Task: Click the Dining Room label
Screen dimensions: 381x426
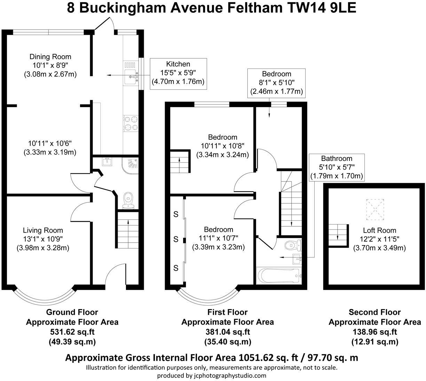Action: coord(50,57)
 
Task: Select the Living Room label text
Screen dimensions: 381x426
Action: coord(43,230)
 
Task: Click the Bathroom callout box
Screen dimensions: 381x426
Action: coord(337,167)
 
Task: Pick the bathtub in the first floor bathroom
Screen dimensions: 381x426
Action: coord(277,276)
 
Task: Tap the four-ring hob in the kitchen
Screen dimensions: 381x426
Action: coord(131,123)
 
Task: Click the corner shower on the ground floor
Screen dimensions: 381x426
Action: coord(131,165)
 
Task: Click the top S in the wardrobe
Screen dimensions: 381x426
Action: coord(176,214)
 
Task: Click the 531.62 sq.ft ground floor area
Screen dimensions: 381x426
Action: coord(72,332)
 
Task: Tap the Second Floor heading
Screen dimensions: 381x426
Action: coord(374,312)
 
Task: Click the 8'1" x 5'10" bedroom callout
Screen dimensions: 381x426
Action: coord(276,83)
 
